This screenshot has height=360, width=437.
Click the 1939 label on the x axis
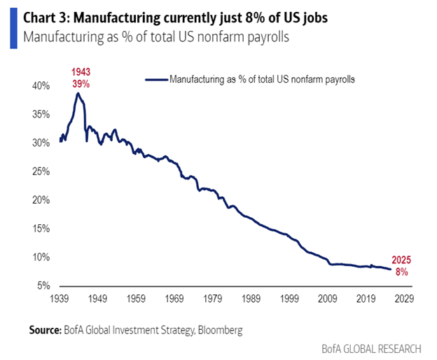point(62,299)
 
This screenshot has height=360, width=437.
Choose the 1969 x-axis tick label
point(176,299)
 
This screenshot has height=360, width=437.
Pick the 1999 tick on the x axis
point(289,299)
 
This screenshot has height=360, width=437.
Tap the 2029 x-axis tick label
point(403,299)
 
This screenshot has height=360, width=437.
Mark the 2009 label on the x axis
point(327,299)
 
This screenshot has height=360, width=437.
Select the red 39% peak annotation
point(79,84)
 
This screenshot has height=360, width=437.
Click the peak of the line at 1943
point(78,93)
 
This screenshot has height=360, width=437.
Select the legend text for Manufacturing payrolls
point(262,80)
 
